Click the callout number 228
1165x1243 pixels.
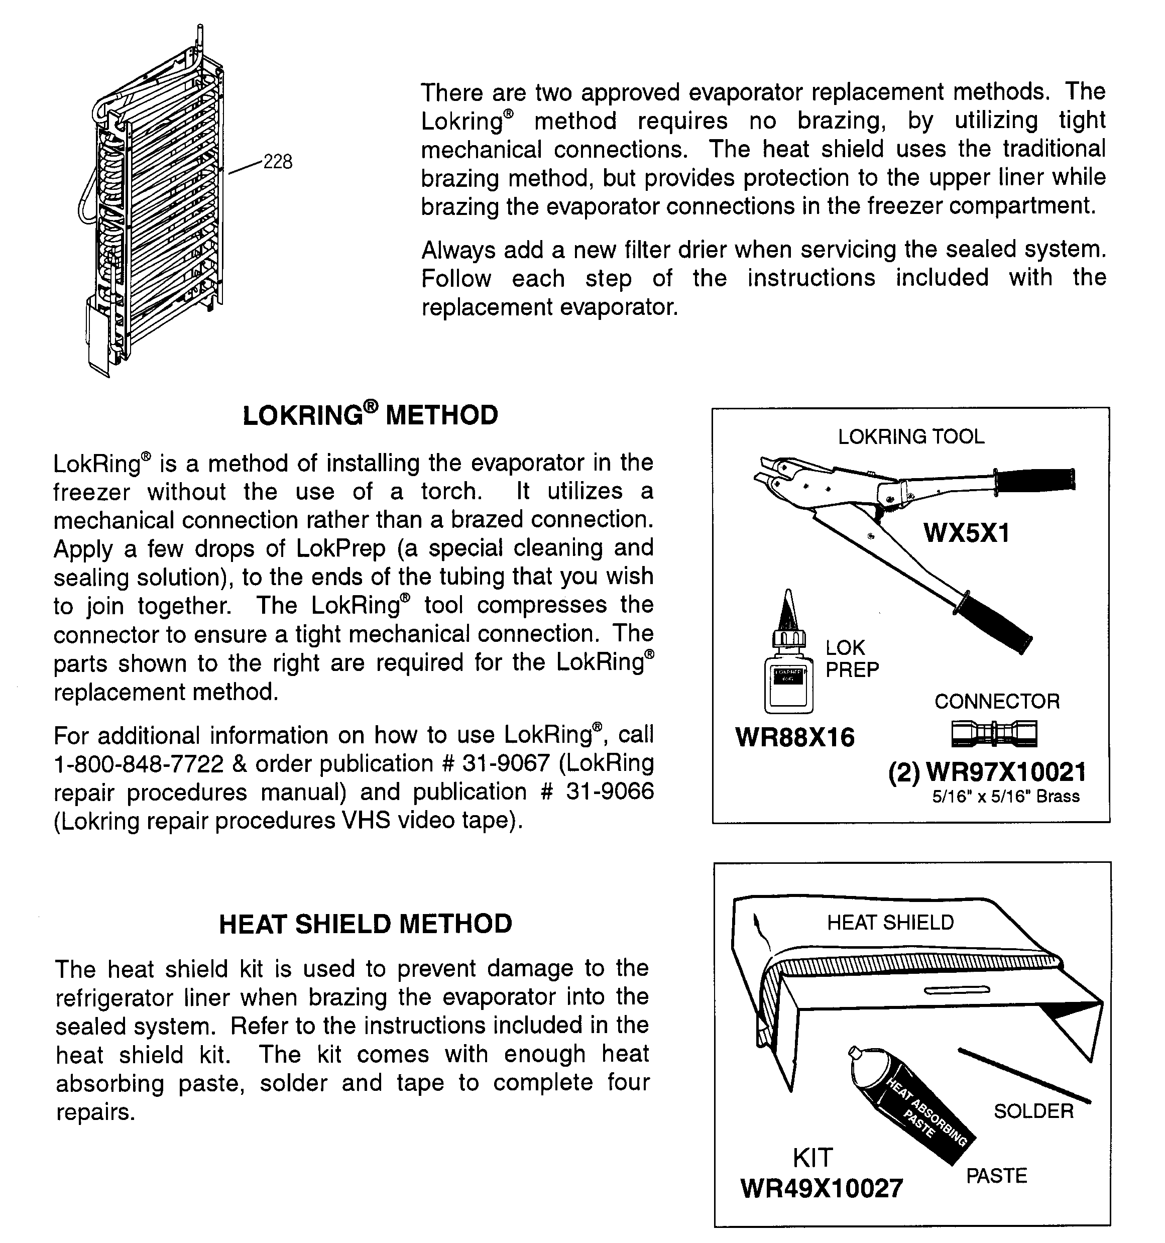click(x=278, y=162)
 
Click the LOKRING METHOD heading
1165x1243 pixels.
click(x=370, y=416)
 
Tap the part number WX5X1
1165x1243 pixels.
click(x=966, y=533)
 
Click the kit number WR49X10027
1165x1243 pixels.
click(x=822, y=1188)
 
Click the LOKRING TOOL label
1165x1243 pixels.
click(x=910, y=436)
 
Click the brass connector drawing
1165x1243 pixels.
click(x=994, y=733)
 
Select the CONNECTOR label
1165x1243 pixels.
click(x=997, y=701)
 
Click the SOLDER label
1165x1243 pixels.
click(x=1033, y=1111)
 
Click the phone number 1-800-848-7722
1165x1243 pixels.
click(x=138, y=764)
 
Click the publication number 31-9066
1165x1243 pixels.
click(x=610, y=792)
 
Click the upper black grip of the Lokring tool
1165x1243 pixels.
click(x=1035, y=480)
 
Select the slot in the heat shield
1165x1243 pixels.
click(x=957, y=990)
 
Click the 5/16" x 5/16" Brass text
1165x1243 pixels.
click(x=1005, y=797)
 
